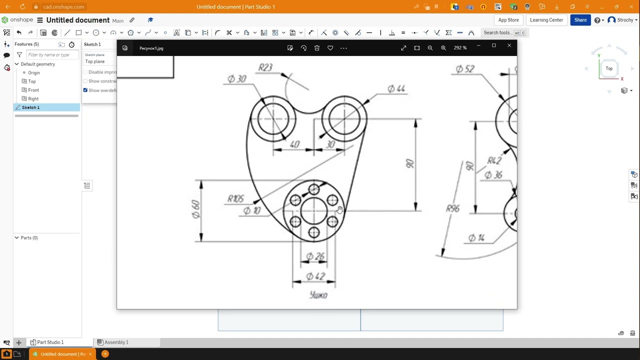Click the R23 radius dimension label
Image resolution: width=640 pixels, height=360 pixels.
pos(265,67)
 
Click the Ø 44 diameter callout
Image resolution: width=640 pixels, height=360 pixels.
pos(396,89)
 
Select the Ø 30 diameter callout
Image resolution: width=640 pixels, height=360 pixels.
pos(237,79)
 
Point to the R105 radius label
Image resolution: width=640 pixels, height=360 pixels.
pos(235,198)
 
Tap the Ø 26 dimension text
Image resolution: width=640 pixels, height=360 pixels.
pos(315,256)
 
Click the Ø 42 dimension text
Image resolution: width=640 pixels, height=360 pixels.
pos(315,276)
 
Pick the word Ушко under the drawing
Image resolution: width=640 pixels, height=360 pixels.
pos(318,295)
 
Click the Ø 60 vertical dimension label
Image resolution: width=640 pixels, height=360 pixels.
pos(195,209)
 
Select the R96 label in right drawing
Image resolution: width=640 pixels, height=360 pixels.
pos(452,208)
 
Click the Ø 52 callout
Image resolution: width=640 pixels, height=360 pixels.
pos(465,69)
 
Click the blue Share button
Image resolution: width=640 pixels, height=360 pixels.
pos(580,20)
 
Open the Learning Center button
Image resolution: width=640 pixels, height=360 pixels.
pos(546,20)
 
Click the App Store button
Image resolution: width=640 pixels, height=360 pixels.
pos(508,20)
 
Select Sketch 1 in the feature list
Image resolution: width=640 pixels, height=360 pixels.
pos(30,107)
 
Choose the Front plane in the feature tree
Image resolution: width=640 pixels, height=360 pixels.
pos(33,90)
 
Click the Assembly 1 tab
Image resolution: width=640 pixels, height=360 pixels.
pos(116,342)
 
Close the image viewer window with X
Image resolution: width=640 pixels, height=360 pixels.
pos(509,46)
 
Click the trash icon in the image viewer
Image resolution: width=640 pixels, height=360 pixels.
pos(317,48)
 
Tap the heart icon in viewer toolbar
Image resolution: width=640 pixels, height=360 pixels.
pos(330,48)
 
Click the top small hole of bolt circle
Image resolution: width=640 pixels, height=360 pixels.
pos(314,189)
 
